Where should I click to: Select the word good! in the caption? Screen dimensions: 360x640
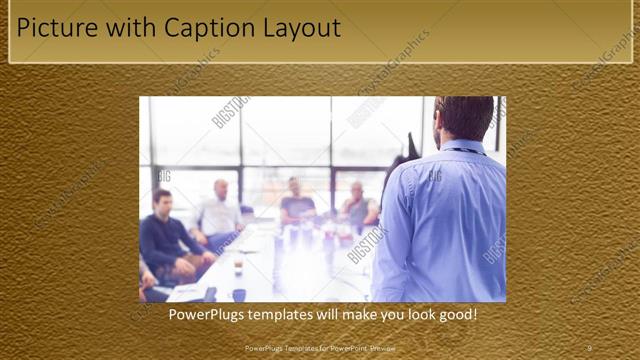pyautogui.click(x=455, y=315)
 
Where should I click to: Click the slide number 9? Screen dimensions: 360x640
pyautogui.click(x=589, y=347)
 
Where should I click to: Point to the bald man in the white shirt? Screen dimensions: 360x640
pyautogui.click(x=219, y=211)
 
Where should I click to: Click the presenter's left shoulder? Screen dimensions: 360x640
pyautogui.click(x=415, y=170)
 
